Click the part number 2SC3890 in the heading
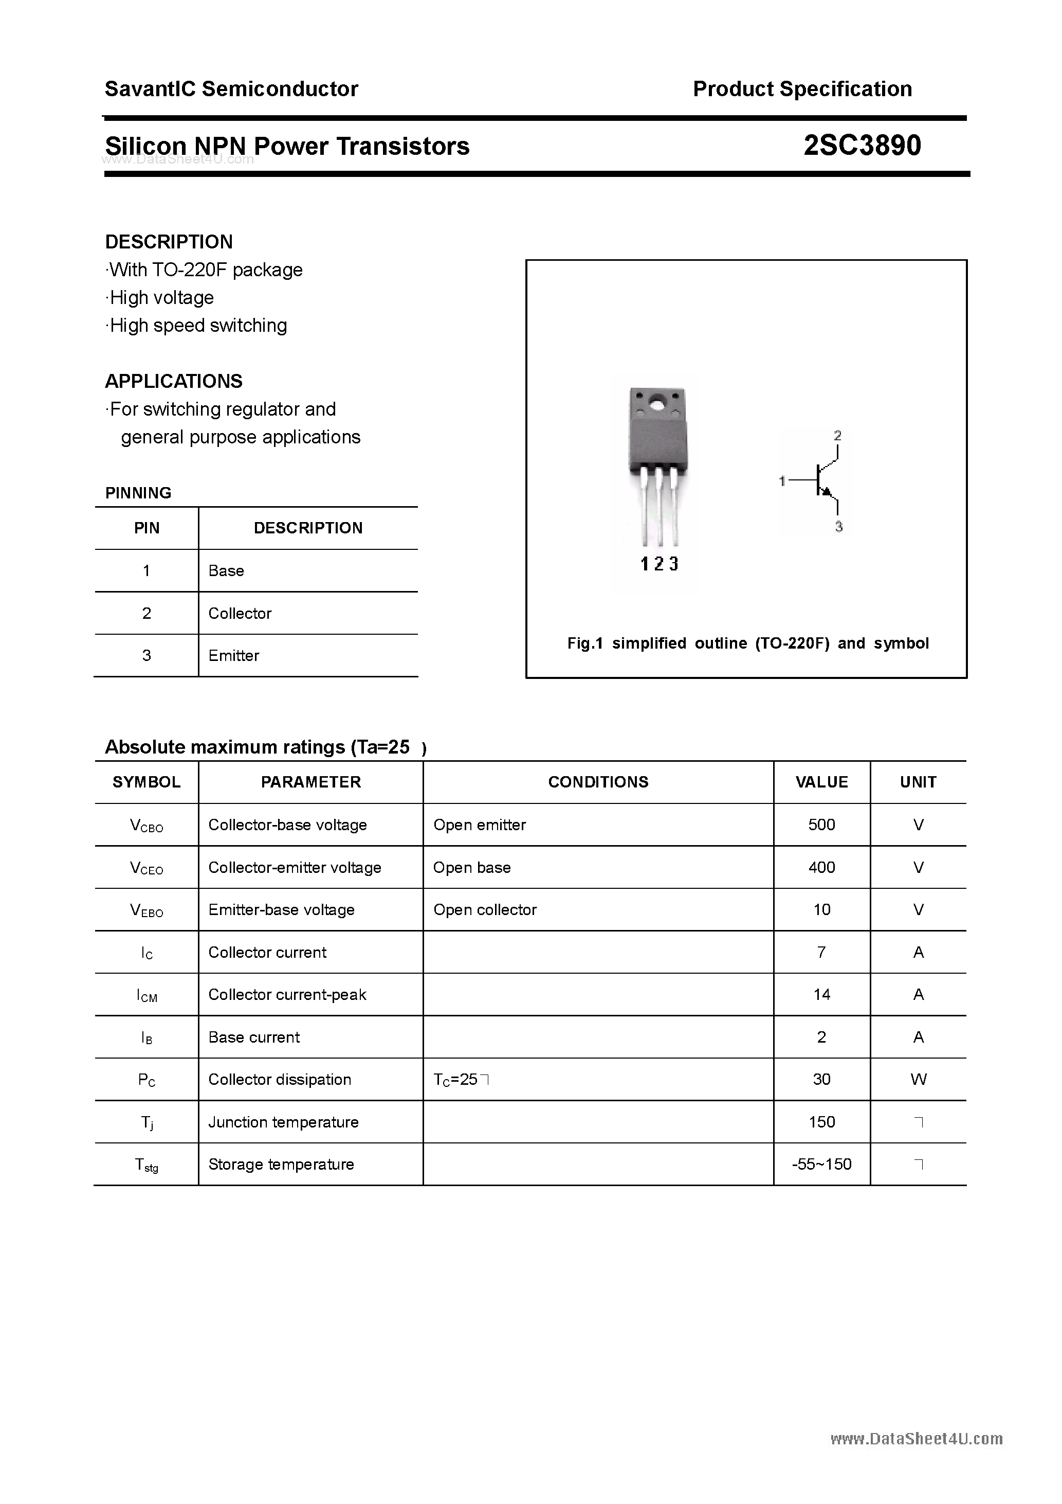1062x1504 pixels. click(862, 146)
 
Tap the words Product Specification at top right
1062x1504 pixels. click(802, 88)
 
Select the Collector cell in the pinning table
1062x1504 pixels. click(240, 613)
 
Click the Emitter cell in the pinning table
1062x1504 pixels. click(234, 655)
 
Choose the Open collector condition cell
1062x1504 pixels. click(485, 909)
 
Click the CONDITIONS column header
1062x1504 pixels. click(598, 782)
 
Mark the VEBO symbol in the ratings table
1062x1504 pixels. click(147, 910)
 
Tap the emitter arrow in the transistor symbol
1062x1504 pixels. click(826, 492)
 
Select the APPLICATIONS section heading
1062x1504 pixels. click(174, 381)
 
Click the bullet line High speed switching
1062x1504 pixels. click(197, 326)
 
